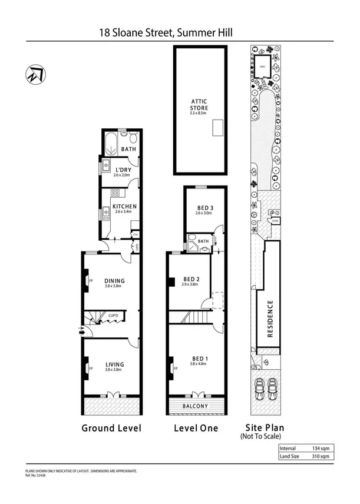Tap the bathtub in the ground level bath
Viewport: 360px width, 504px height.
click(111, 141)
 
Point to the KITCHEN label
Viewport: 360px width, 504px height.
click(124, 207)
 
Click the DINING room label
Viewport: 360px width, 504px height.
click(114, 281)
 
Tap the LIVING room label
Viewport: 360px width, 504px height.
click(114, 364)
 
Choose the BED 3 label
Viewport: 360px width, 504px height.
click(205, 208)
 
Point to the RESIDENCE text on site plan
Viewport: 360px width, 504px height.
click(270, 319)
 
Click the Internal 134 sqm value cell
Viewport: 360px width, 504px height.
click(323, 448)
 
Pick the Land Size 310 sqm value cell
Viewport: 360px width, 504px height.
click(323, 456)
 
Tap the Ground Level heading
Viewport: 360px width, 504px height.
click(111, 428)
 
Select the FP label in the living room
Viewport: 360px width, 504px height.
click(91, 369)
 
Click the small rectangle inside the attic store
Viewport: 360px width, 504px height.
click(218, 125)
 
